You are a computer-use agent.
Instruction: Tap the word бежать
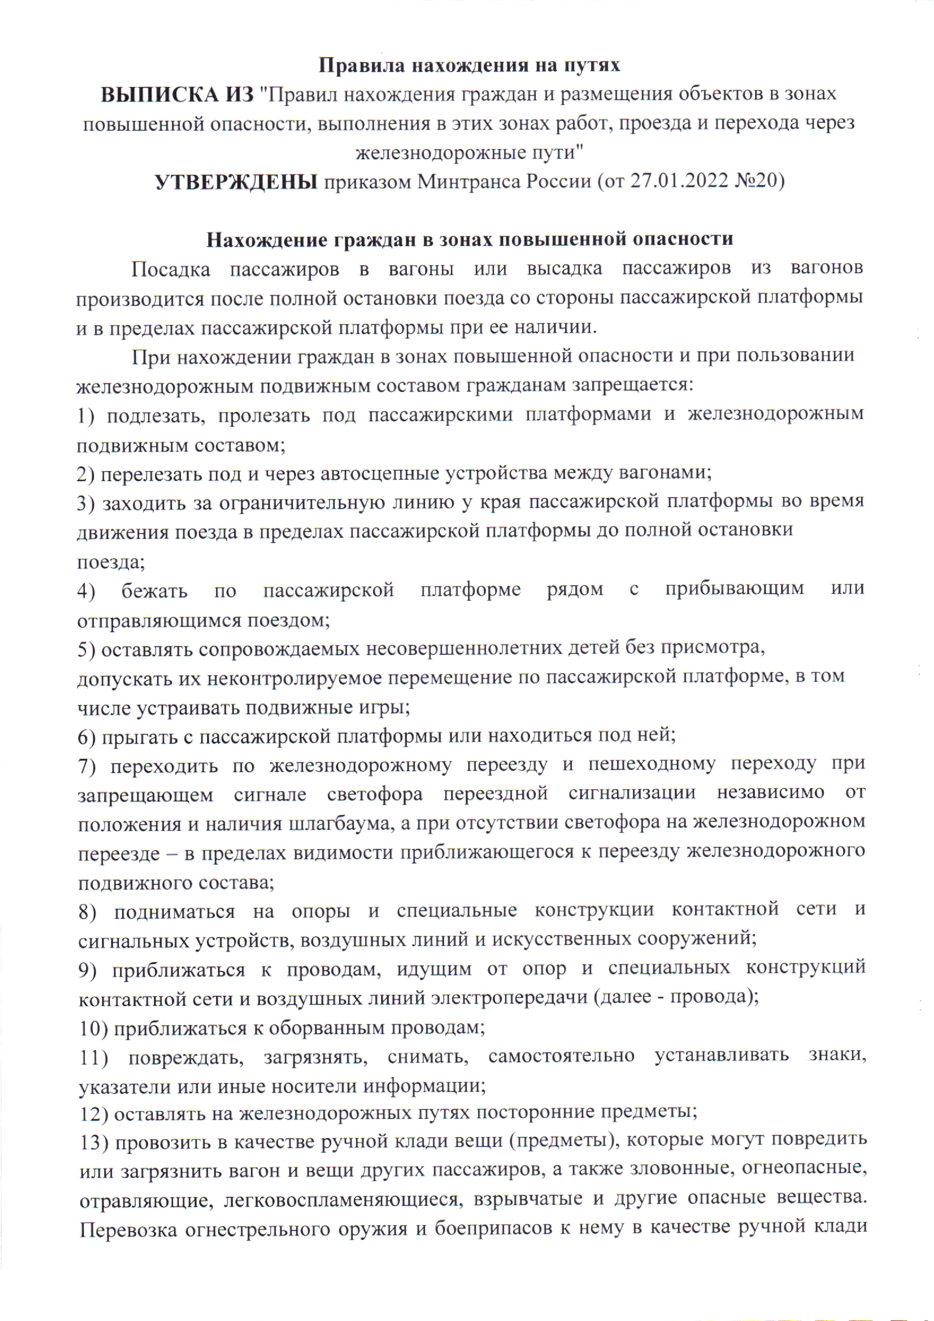(154, 590)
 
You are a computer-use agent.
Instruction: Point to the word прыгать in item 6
(139, 736)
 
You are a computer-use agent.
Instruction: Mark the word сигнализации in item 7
(632, 794)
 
